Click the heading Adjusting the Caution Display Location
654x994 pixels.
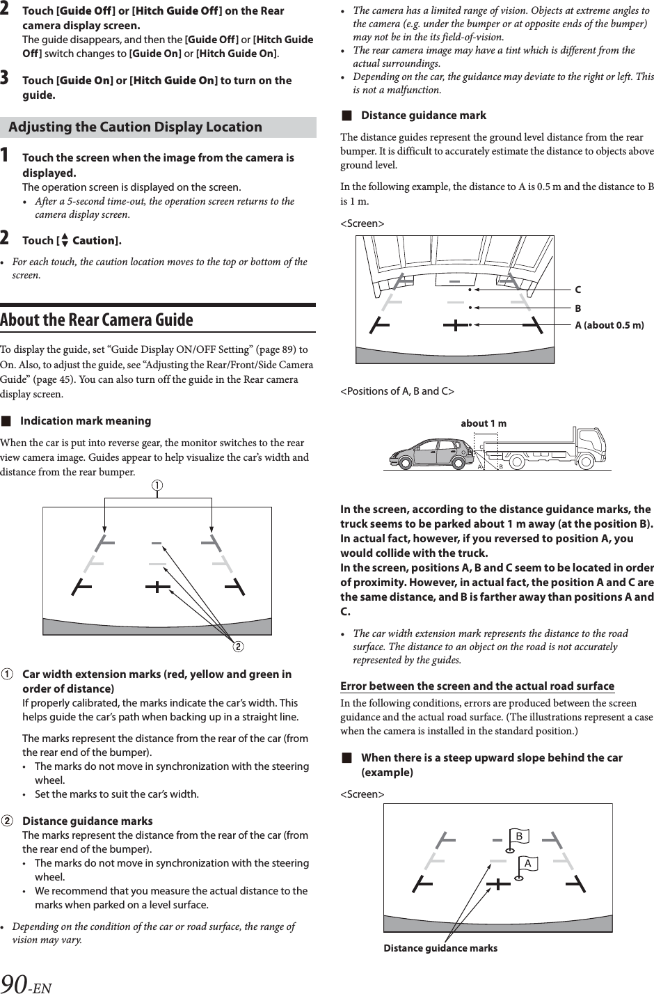coord(136,127)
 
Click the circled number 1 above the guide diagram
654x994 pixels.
coord(158,486)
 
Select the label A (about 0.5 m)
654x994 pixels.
coord(609,325)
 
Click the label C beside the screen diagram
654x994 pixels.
coord(577,290)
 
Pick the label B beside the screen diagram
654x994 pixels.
coord(577,308)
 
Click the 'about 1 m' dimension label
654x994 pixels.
coord(484,424)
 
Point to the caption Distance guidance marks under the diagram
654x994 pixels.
coord(440,948)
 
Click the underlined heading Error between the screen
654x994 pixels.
coord(477,686)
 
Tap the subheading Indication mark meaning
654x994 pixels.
coord(85,421)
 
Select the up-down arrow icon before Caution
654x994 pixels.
coord(65,241)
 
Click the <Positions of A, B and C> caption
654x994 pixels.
coord(397,391)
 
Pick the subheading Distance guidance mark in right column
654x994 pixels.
coord(423,116)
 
